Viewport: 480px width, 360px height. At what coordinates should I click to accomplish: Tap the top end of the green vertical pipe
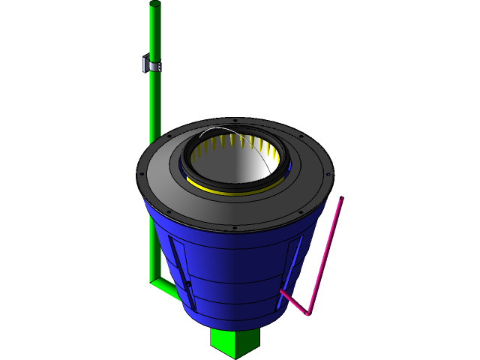pos(155,6)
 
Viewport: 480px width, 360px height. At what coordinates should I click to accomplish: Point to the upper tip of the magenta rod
pos(341,200)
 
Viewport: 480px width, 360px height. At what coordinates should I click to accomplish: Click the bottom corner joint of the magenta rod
pos(307,313)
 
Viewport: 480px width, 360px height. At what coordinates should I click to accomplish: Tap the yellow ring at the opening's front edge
pos(225,188)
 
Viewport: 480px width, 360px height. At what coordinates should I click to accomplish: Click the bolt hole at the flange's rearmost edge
pos(235,120)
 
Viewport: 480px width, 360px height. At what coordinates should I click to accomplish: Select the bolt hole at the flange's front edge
pos(235,228)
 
